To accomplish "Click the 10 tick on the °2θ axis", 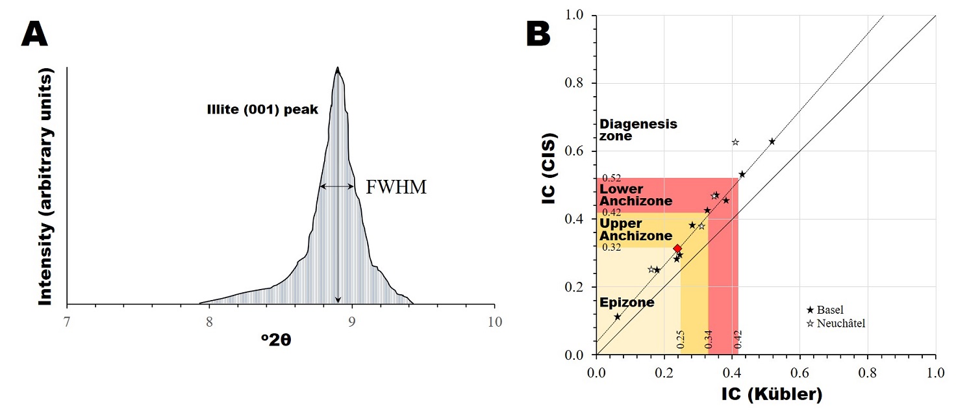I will coord(495,321).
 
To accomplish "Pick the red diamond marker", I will coord(677,249).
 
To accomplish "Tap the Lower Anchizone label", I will coord(636,195).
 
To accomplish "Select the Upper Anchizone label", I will coord(635,230).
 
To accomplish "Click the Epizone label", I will coord(627,303).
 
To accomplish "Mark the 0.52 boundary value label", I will coord(612,178).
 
